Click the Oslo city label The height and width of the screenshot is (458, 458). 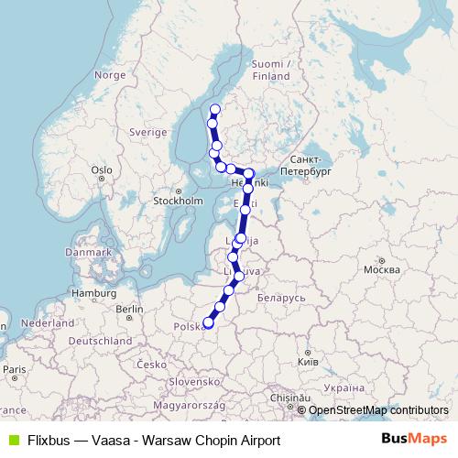[x=101, y=169]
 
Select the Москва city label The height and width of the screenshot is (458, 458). [x=381, y=270]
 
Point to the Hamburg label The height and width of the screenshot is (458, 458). [x=91, y=293]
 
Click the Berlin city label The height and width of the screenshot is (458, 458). [x=130, y=310]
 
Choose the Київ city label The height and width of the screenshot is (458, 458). [x=309, y=363]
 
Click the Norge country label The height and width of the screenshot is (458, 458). [x=109, y=75]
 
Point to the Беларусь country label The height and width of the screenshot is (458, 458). [x=281, y=298]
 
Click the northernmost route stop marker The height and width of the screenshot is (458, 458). [x=215, y=109]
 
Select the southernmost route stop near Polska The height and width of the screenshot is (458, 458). [x=208, y=322]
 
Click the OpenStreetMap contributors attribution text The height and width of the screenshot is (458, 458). [x=378, y=410]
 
